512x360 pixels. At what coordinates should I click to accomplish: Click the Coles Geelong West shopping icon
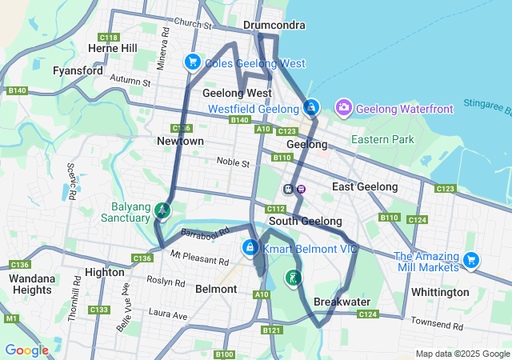pyautogui.click(x=192, y=62)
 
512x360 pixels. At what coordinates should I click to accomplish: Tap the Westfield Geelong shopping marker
pyautogui.click(x=310, y=107)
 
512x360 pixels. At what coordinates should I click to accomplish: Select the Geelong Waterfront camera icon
pyautogui.click(x=344, y=107)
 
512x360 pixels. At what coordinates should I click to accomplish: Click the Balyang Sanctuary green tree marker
pyautogui.click(x=162, y=210)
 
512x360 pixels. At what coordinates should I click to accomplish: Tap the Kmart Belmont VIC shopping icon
pyautogui.click(x=251, y=248)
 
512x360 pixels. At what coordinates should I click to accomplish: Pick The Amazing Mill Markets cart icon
pyautogui.click(x=471, y=259)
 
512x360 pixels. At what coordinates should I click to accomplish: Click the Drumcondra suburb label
pyautogui.click(x=274, y=25)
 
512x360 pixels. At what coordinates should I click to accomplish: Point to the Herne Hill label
pyautogui.click(x=113, y=48)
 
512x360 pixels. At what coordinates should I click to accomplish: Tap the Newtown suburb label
pyautogui.click(x=180, y=141)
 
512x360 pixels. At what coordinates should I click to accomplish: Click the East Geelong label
pyautogui.click(x=365, y=186)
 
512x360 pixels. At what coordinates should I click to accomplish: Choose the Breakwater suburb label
pyautogui.click(x=342, y=302)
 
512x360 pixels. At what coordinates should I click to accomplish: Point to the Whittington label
pyautogui.click(x=440, y=292)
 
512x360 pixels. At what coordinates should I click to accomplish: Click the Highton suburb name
pyautogui.click(x=104, y=272)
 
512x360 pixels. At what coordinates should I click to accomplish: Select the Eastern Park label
pyautogui.click(x=383, y=139)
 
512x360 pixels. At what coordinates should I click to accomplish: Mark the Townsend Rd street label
pyautogui.click(x=436, y=326)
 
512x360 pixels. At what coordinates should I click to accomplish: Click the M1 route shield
pyautogui.click(x=10, y=318)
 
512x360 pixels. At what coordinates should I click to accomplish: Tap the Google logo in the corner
pyautogui.click(x=26, y=350)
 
